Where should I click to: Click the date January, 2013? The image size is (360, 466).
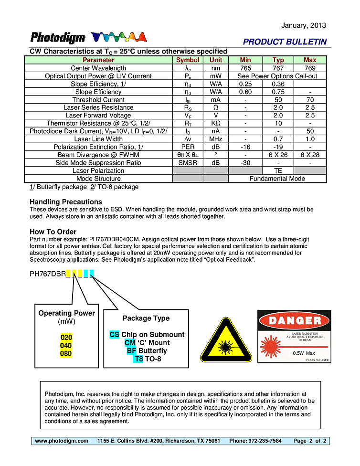coord(304,25)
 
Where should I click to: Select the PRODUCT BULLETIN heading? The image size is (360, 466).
coord(285,42)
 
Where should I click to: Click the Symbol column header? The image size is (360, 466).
coord(188,60)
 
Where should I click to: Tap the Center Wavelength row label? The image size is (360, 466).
coord(98,68)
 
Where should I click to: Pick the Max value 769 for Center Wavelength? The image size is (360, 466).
coord(310,68)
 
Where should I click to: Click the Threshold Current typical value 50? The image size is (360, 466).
coord(278,100)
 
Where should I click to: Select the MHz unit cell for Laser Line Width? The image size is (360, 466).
coord(216,139)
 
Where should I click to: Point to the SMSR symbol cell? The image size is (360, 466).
coord(188,163)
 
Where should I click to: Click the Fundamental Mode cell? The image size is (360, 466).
coord(277,179)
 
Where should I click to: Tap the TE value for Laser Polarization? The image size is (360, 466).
coord(278,170)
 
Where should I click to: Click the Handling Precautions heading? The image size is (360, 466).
coord(66,202)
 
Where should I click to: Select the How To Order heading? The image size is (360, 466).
coord(53,232)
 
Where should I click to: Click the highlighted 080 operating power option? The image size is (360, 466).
coord(66,354)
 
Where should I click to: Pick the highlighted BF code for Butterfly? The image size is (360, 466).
coord(131,351)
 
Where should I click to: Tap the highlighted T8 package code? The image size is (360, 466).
coord(138,359)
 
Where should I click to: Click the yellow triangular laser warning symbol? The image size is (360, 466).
coord(226,341)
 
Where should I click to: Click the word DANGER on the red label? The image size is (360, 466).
coord(294,320)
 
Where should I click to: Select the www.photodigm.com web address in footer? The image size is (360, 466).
coord(62,441)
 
